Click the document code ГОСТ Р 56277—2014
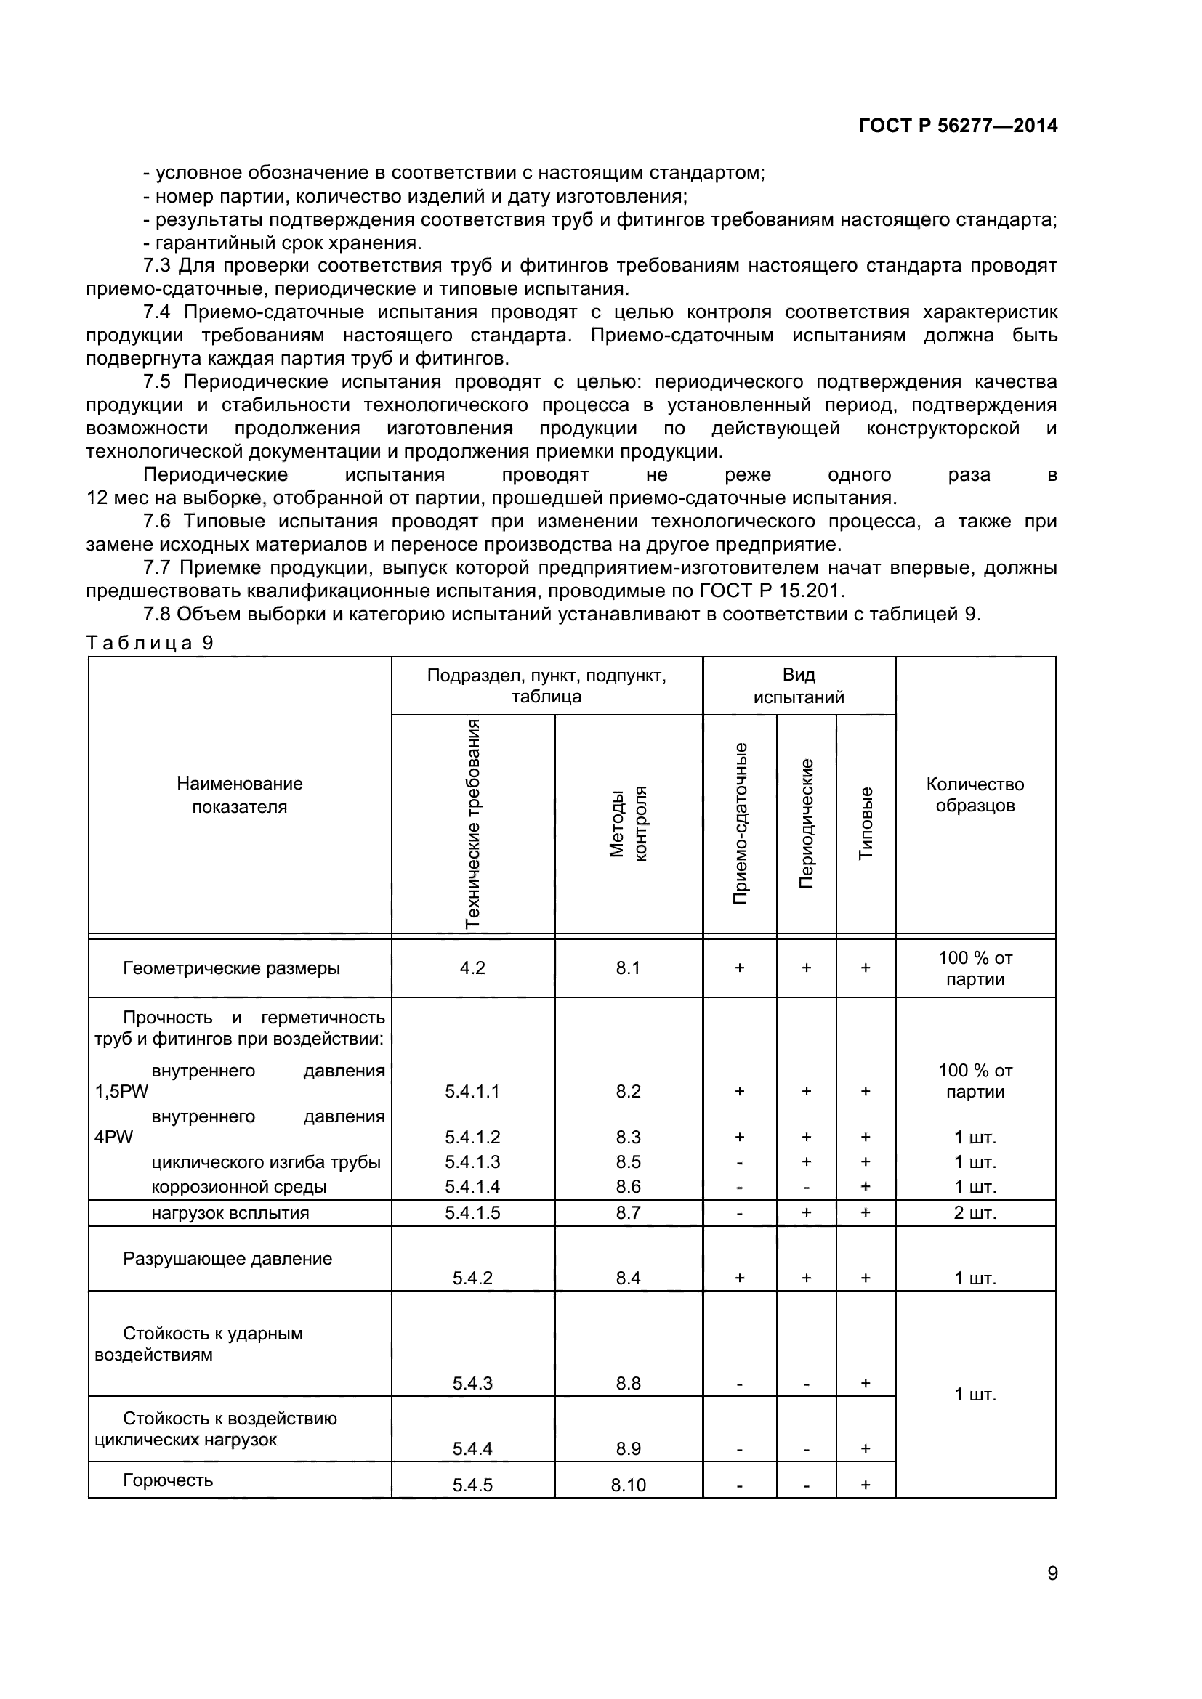958,126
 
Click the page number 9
1052,1593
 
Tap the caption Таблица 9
150,642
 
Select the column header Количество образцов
975,795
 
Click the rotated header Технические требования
472,823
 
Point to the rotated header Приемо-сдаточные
739,823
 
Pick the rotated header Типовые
866,823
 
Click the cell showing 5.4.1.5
472,1213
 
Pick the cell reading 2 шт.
975,1213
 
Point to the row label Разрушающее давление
227,1259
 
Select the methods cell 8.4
629,1278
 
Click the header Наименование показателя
239,795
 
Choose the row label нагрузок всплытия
230,1213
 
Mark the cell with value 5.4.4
472,1449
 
